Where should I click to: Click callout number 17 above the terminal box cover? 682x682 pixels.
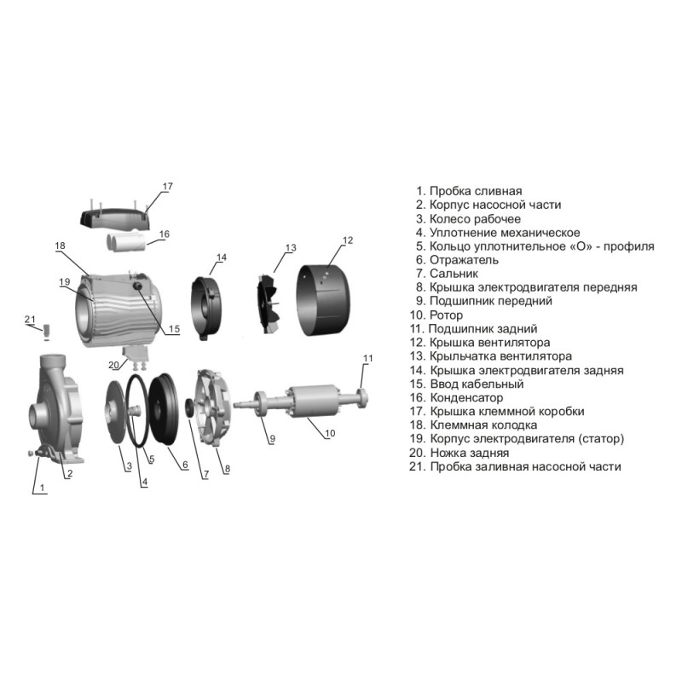(167, 187)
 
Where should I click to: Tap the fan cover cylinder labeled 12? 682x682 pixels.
(323, 300)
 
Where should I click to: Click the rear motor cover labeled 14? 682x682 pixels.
(206, 308)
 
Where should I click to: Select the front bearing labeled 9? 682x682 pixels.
(261, 404)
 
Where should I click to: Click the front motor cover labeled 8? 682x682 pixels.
(214, 407)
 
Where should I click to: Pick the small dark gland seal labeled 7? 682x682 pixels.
(189, 407)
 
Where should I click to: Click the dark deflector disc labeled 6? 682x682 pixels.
(164, 409)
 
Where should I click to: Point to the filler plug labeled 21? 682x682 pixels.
(46, 331)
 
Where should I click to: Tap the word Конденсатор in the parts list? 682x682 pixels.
(466, 397)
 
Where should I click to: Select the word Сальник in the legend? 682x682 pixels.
(454, 274)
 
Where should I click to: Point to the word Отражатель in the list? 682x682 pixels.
(464, 260)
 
